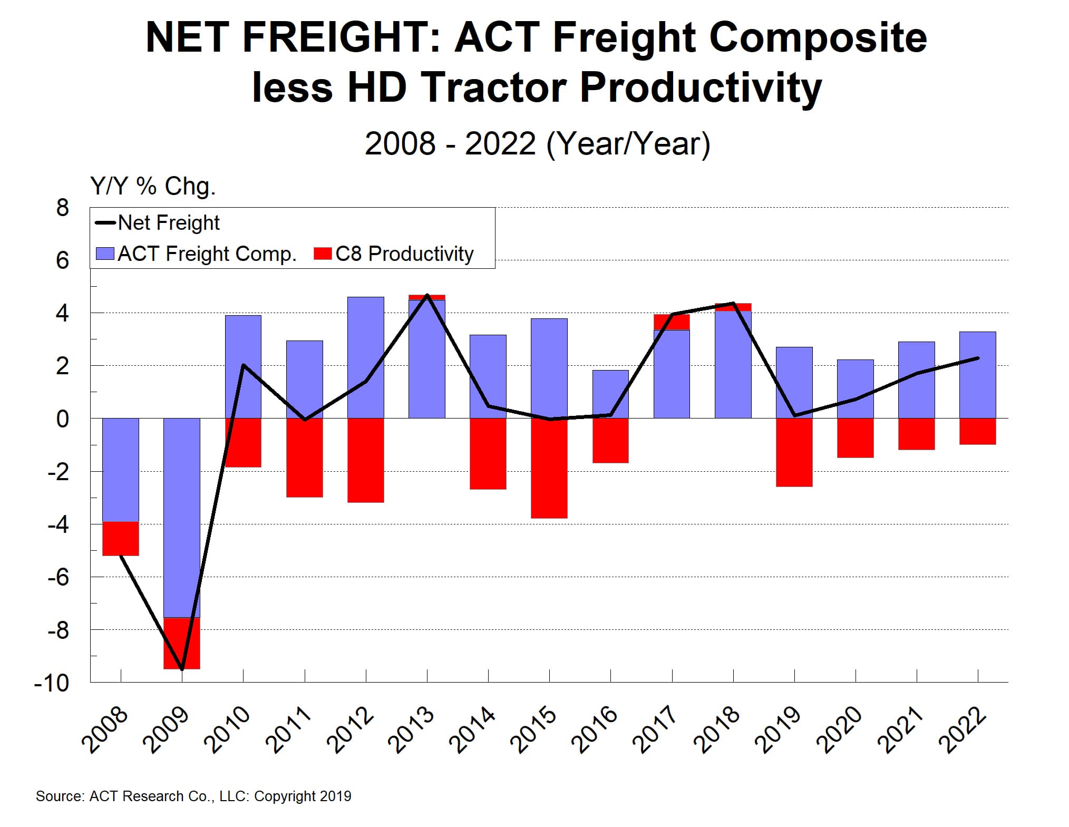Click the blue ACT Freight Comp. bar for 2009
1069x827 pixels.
point(181,517)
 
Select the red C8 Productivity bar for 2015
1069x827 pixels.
point(549,468)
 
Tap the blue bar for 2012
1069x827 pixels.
point(365,357)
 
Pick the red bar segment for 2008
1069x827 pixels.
point(120,538)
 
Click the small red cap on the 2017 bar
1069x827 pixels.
point(672,322)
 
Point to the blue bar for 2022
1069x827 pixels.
point(977,375)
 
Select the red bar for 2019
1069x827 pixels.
point(794,452)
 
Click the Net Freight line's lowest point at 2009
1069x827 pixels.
point(182,669)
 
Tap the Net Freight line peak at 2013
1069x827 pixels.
point(427,295)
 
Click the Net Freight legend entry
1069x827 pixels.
point(158,223)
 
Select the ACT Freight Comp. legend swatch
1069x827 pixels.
point(105,254)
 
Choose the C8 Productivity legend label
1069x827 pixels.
point(404,254)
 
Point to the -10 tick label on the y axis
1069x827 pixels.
point(52,683)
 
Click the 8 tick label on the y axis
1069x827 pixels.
point(62,208)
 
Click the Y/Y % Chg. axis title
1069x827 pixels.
point(153,186)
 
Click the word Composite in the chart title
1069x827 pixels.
point(818,38)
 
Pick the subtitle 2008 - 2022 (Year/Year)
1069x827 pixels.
point(537,143)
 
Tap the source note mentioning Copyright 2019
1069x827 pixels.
point(193,796)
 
